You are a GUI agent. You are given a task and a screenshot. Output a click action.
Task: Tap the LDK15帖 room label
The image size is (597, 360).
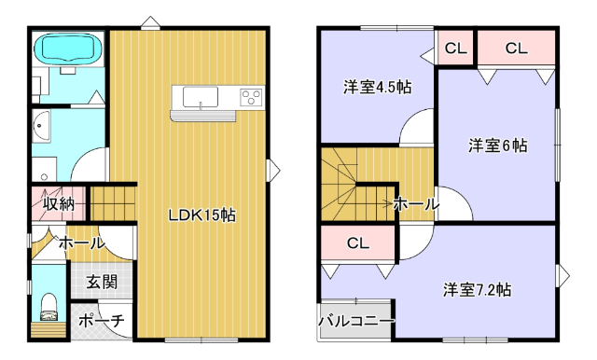point(201,215)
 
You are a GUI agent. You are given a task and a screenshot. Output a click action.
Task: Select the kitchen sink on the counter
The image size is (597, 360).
point(201,97)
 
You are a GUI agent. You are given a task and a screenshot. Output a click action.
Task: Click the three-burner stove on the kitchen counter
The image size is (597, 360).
point(250,97)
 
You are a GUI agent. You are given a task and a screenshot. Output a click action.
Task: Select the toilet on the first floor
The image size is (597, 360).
point(49,305)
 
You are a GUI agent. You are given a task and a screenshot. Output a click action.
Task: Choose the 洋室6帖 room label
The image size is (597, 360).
point(497,145)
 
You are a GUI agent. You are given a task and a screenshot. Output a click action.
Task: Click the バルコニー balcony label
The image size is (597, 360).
point(355,320)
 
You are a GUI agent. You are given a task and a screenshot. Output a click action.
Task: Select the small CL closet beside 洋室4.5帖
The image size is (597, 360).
point(456,48)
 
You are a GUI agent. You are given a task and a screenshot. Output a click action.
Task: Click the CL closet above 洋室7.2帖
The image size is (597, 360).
point(359,243)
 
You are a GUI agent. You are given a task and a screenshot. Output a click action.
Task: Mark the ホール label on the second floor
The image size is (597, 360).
point(415,204)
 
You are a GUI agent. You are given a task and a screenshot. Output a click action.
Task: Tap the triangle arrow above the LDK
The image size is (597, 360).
point(148,21)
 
